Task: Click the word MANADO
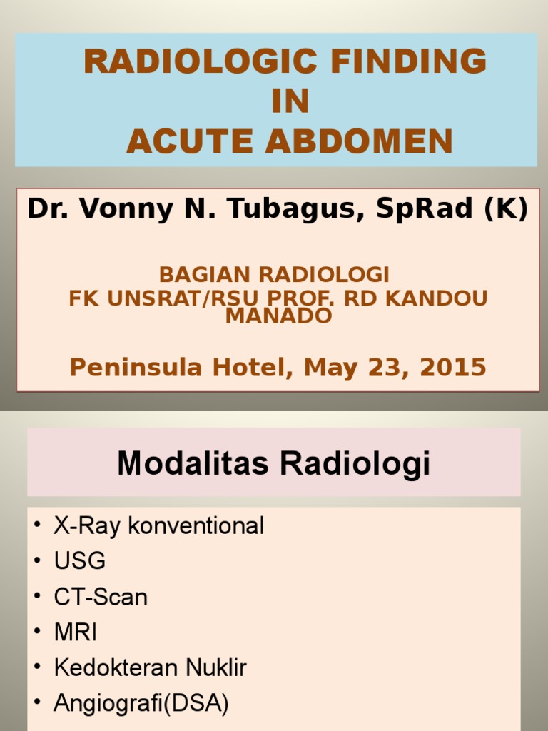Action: point(279,316)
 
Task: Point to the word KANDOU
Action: point(445,298)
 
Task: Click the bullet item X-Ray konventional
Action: point(158,527)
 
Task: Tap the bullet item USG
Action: point(79,562)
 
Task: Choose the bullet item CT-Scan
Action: point(101,597)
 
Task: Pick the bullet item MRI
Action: point(76,632)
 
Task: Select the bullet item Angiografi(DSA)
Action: point(141,704)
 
